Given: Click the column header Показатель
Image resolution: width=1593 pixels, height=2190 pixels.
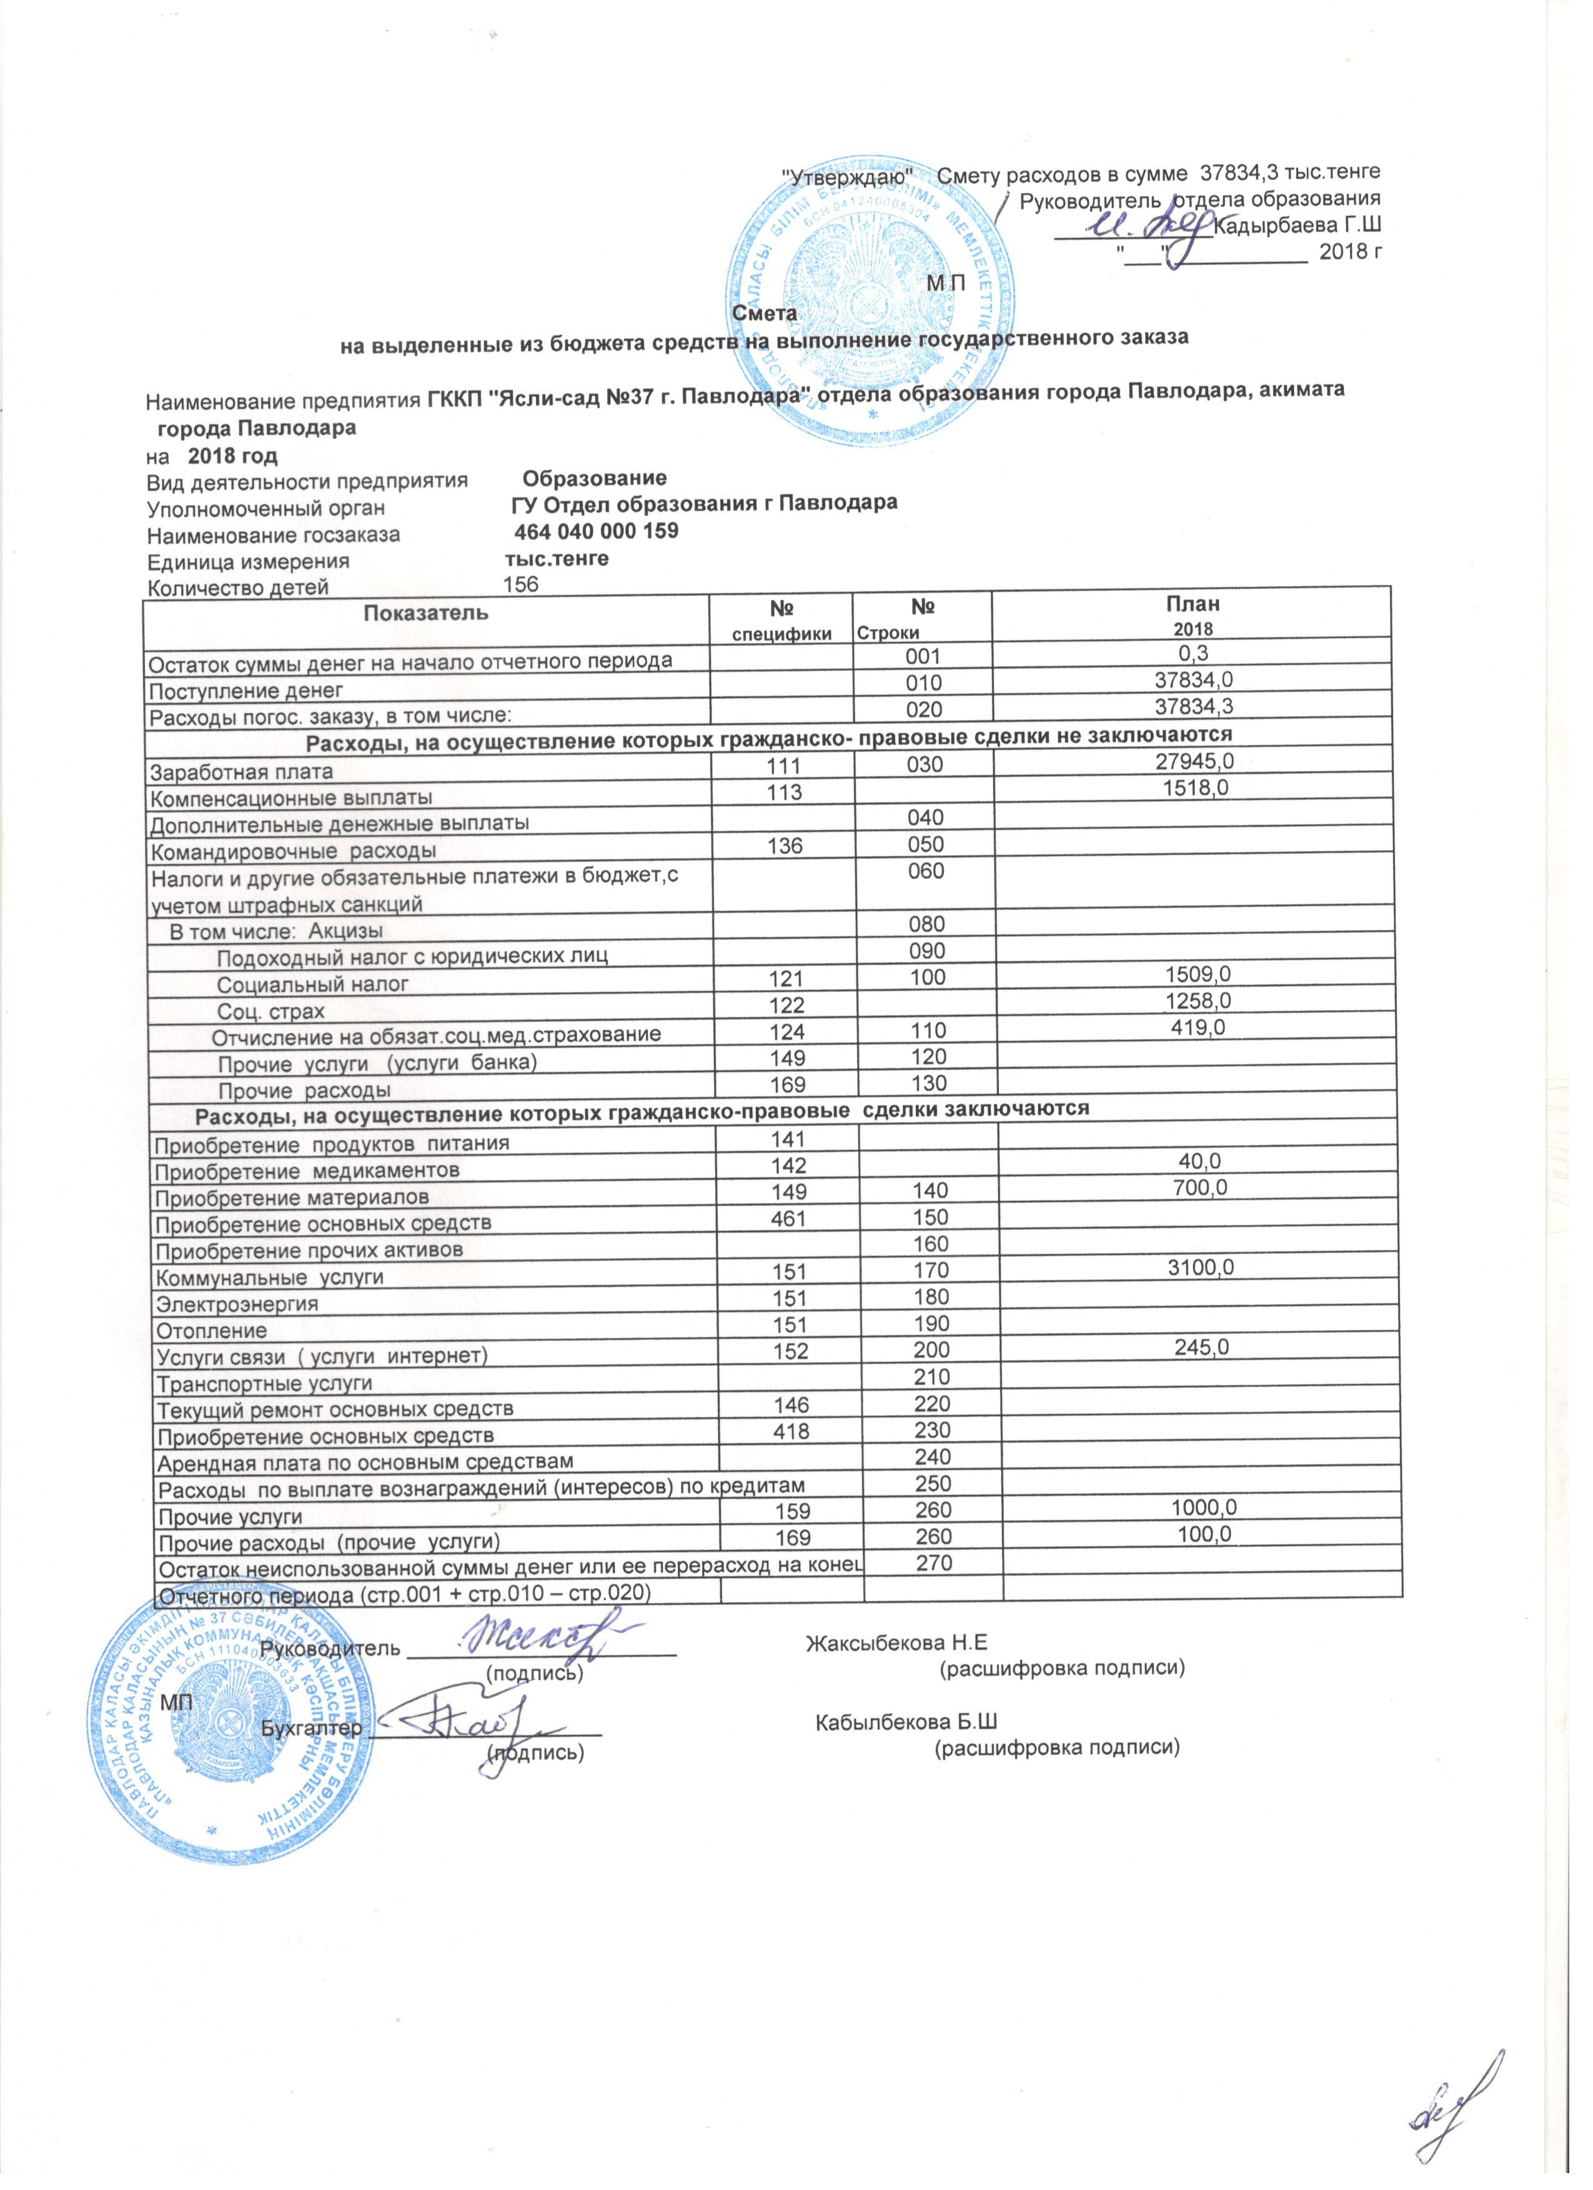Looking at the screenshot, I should click(x=426, y=612).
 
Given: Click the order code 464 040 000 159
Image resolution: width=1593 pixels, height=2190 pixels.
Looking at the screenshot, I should click(x=595, y=532).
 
